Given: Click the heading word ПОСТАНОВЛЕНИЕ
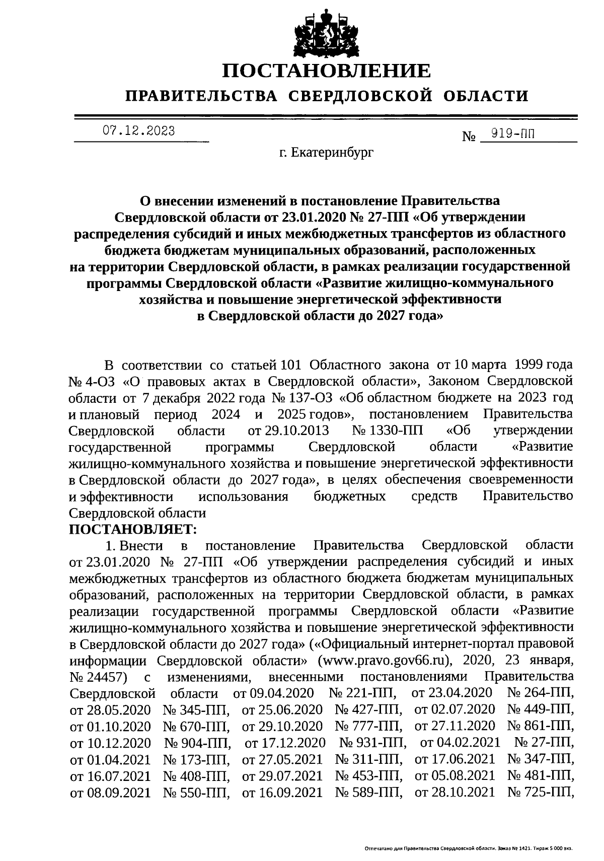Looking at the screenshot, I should click(x=327, y=71).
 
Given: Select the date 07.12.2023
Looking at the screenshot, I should click(x=139, y=131).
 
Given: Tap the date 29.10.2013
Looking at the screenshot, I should click(x=295, y=430).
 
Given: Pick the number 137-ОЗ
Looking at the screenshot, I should click(x=308, y=398).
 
